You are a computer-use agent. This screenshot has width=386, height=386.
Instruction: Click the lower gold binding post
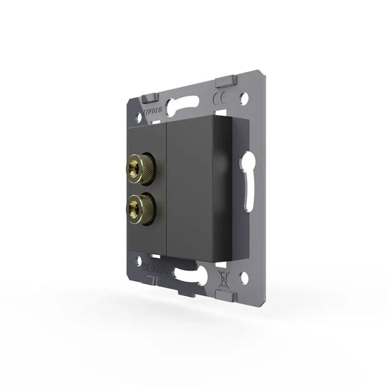tap(137, 207)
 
